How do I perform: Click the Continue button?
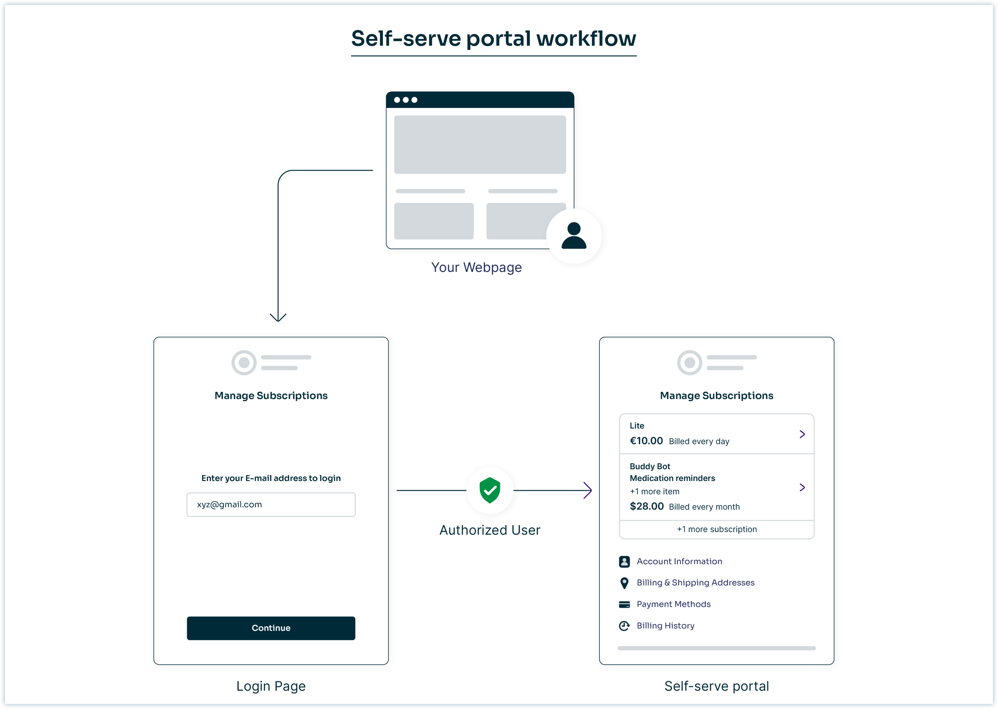(x=271, y=628)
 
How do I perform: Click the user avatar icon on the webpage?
(x=574, y=236)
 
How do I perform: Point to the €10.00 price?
(x=646, y=441)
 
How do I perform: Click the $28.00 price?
(x=647, y=506)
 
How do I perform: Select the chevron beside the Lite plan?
(x=802, y=434)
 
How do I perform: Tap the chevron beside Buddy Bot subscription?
(x=802, y=487)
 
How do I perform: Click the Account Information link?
(x=679, y=561)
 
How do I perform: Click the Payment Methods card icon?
(x=624, y=604)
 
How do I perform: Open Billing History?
(x=665, y=626)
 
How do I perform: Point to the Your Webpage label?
(x=476, y=267)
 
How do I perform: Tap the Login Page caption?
(x=271, y=686)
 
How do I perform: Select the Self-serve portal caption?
(x=716, y=686)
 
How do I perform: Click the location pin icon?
(x=624, y=583)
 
